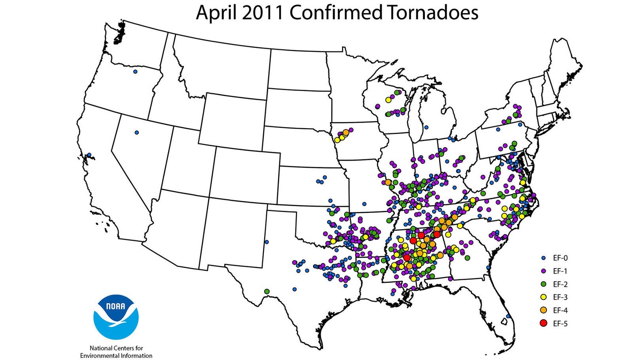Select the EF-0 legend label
point(560,258)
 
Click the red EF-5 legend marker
point(543,323)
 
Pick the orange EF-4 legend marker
point(543,310)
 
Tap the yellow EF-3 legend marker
point(543,297)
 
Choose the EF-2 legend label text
point(560,284)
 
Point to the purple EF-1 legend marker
point(543,271)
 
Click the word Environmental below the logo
point(102,355)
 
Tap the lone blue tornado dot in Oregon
point(135,72)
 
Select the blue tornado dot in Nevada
point(137,133)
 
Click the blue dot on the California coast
point(90,155)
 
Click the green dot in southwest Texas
point(267,291)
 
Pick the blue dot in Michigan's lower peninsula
point(426,127)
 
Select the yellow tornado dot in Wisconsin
point(388,100)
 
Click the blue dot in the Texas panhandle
point(267,242)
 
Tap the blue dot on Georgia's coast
point(489,267)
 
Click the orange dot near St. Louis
point(388,182)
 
